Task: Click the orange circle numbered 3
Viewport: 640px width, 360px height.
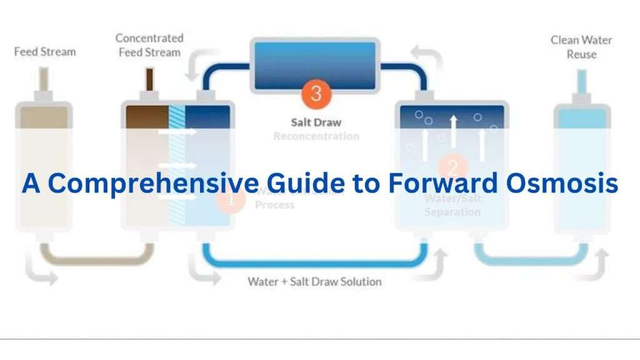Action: point(316,93)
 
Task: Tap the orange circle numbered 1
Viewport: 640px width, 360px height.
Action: point(230,201)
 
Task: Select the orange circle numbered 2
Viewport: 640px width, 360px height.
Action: point(453,167)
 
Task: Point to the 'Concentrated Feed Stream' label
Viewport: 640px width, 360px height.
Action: point(150,46)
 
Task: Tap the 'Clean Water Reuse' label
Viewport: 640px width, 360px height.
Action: point(581,47)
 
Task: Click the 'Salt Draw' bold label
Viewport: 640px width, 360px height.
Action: point(316,122)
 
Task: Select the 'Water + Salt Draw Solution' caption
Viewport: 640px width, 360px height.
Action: point(314,281)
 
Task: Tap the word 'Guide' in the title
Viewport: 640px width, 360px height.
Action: point(286,183)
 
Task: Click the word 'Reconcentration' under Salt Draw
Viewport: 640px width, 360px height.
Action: point(316,136)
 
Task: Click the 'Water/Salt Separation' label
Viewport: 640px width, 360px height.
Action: point(453,205)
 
